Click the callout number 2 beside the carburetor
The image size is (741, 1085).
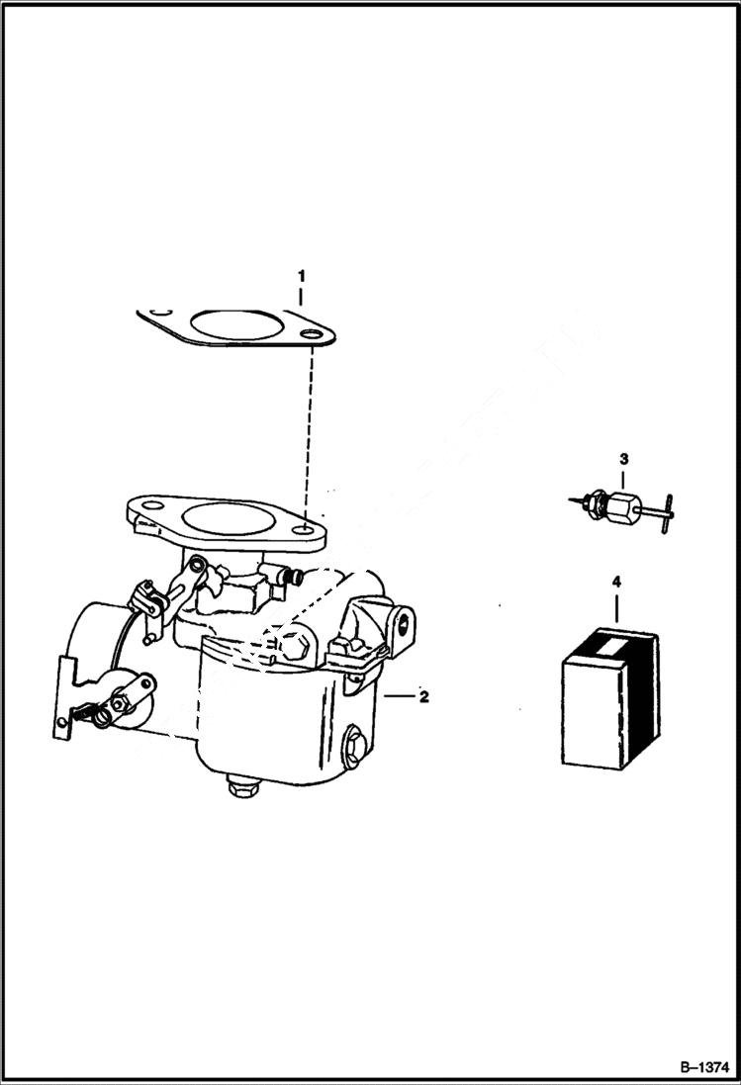(423, 697)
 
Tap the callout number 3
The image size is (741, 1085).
(623, 459)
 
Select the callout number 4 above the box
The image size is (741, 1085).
(616, 584)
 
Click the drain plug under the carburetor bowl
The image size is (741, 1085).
(237, 788)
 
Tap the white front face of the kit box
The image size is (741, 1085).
(591, 711)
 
